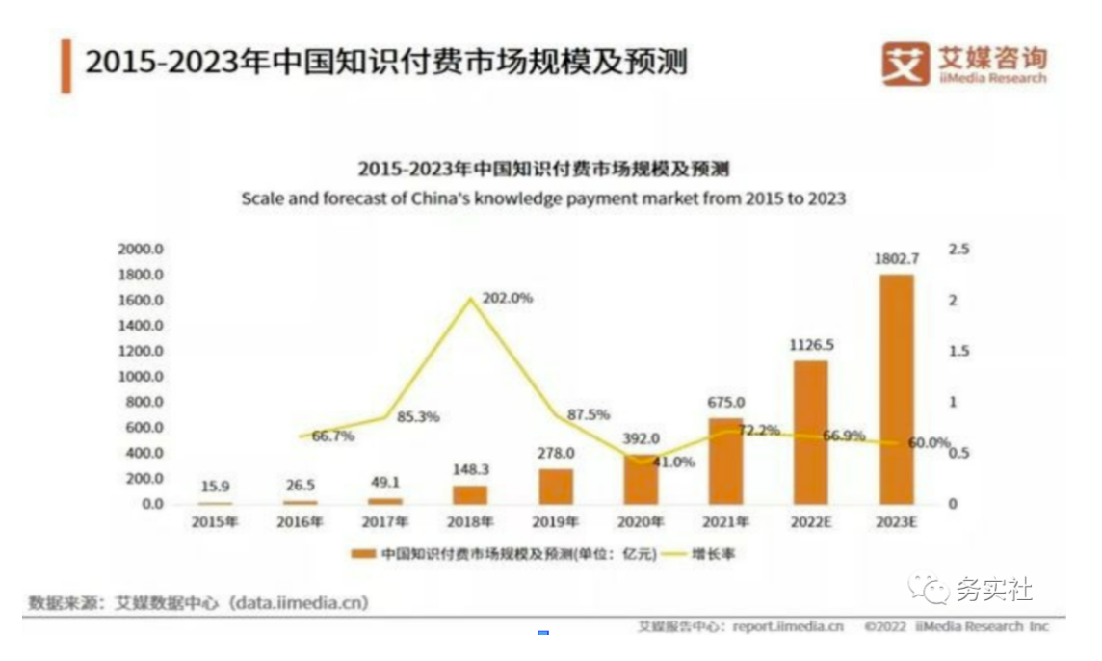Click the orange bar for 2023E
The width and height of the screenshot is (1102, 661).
pyautogui.click(x=895, y=389)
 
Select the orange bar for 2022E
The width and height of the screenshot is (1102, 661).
pyautogui.click(x=810, y=433)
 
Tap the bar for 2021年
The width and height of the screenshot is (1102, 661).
pyautogui.click(x=725, y=461)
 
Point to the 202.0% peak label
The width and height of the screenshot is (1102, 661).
pyautogui.click(x=507, y=299)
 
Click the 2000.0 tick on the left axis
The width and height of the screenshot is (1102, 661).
pyautogui.click(x=141, y=249)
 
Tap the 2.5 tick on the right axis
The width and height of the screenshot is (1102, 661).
pyautogui.click(x=959, y=250)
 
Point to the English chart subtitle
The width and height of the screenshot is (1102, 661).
pyautogui.click(x=543, y=199)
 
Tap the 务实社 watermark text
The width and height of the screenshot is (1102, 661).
pyautogui.click(x=992, y=589)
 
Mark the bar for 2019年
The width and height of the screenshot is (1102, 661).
pyautogui.click(x=556, y=487)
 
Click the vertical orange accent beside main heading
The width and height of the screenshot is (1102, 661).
pyautogui.click(x=66, y=66)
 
